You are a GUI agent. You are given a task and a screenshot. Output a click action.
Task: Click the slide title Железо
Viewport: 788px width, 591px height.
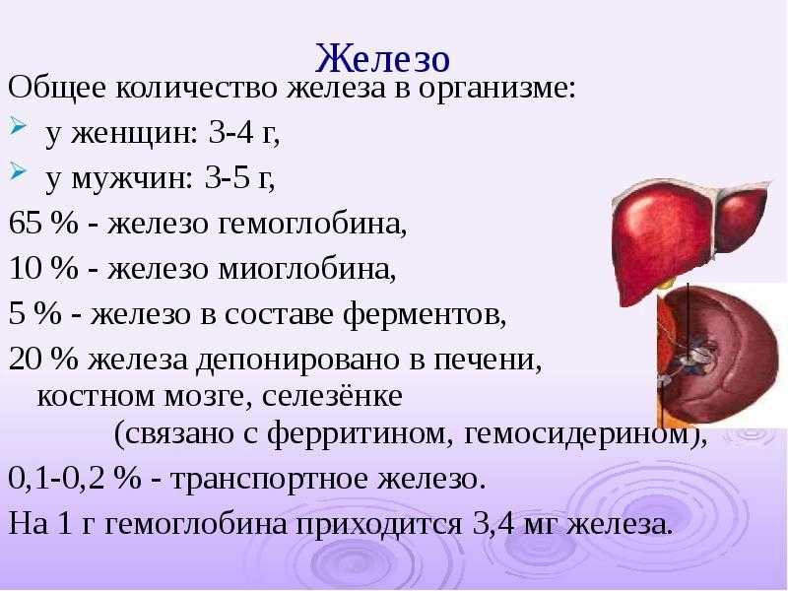382,58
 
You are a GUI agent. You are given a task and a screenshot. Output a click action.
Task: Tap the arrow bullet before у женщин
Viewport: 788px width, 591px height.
17,126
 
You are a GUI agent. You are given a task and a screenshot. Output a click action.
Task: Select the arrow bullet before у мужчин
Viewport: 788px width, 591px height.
17,171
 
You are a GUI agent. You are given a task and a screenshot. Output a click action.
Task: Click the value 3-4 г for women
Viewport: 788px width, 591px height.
243,134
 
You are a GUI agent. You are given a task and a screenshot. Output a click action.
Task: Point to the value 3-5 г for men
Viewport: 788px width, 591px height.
240,178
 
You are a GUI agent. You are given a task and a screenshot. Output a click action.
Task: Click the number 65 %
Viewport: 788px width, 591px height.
43,224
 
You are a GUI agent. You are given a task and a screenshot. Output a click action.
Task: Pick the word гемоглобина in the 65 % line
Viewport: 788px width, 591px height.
313,225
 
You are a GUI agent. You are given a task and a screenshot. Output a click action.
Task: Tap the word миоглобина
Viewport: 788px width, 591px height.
307,270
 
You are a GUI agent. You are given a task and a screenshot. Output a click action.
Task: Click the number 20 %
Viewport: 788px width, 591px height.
43,359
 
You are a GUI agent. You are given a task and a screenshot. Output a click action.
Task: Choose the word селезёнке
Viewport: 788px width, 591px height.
332,396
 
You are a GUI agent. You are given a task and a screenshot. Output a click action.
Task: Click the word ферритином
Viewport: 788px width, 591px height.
357,433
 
